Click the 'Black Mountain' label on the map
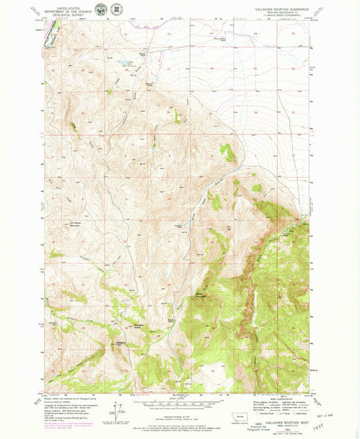point(201,294)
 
